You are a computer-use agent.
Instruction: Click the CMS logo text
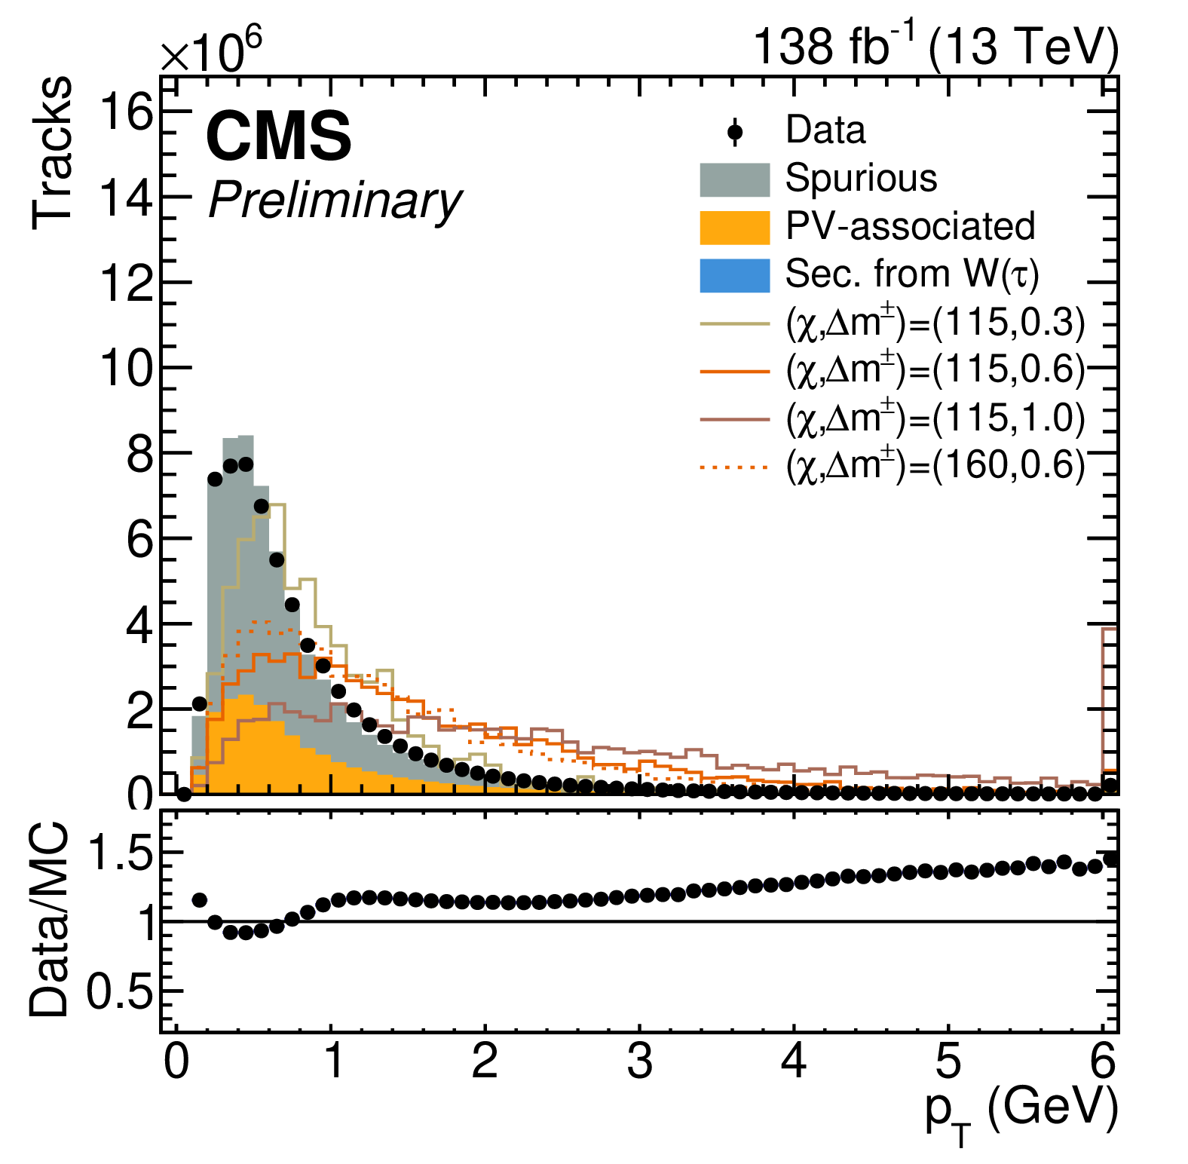pyautogui.click(x=278, y=136)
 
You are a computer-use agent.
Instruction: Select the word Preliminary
pyautogui.click(x=335, y=201)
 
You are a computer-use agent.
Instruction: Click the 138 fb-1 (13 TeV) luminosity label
pyautogui.click(x=935, y=47)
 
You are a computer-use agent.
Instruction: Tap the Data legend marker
pyautogui.click(x=735, y=133)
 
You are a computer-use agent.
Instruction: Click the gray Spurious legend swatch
pyautogui.click(x=735, y=179)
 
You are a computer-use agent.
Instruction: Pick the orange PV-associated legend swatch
pyautogui.click(x=735, y=227)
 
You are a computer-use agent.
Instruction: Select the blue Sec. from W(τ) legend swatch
pyautogui.click(x=735, y=275)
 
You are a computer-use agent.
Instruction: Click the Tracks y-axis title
pyautogui.click(x=53, y=152)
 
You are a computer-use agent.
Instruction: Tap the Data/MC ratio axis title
pyautogui.click(x=50, y=920)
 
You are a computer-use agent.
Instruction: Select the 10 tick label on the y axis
pyautogui.click(x=125, y=369)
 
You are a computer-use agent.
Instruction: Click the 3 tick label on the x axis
pyautogui.click(x=639, y=1061)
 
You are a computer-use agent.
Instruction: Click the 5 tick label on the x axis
pyautogui.click(x=948, y=1061)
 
